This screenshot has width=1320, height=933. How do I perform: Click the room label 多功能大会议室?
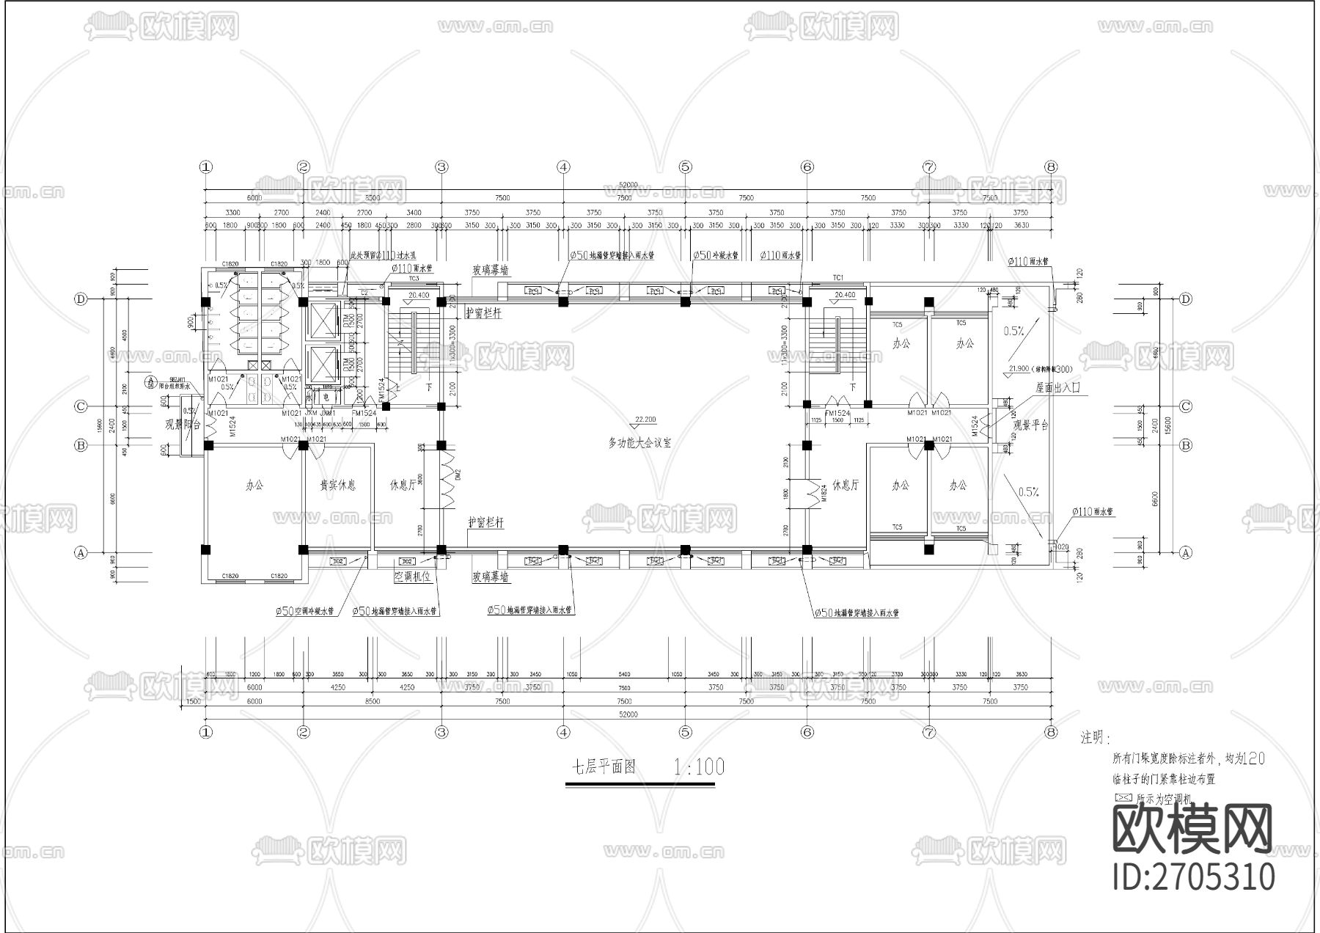point(639,442)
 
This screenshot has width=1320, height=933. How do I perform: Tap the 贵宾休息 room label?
point(338,485)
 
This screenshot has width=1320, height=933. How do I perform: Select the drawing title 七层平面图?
point(604,767)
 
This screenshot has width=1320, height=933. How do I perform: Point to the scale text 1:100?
point(698,767)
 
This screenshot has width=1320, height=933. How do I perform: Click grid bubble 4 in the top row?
point(563,167)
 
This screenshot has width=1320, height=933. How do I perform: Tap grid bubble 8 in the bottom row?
point(1051,731)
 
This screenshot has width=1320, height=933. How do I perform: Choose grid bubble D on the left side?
point(81,299)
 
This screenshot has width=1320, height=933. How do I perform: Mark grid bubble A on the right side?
point(1185,553)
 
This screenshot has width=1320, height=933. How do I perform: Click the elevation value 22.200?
point(645,420)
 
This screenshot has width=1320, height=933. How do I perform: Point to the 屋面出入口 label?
point(1058,387)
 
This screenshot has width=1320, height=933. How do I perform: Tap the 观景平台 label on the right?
point(1031,425)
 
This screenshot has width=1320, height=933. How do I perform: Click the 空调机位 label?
point(414,577)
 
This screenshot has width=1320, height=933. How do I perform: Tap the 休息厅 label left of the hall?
point(403,485)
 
